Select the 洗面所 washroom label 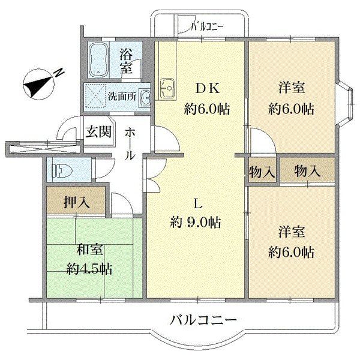pos(122,95)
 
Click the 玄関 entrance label pos(98,131)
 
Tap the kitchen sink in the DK pos(166,89)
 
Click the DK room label pos(207,88)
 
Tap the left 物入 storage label pos(262,171)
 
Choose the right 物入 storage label pos(307,171)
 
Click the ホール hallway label pos(131,144)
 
